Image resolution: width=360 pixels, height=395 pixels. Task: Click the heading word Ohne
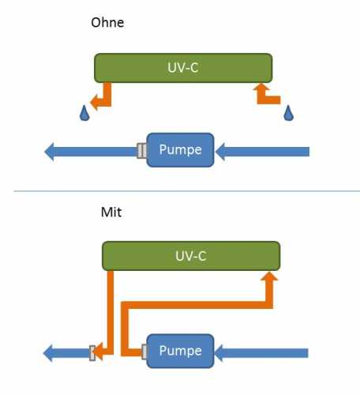coord(107,22)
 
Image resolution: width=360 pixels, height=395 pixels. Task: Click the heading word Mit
coord(111,212)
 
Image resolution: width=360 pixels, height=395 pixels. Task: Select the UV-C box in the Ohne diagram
coord(183,68)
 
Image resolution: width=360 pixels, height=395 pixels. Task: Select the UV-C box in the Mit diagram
coord(191,256)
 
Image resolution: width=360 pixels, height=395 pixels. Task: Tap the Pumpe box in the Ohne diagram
coord(180,150)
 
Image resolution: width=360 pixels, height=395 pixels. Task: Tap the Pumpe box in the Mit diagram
coord(180,351)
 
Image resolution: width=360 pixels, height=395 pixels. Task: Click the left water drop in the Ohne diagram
coord(84,113)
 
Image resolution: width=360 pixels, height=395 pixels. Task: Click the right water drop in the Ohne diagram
coord(288,113)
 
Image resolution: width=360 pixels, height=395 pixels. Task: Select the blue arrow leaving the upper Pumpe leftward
coord(91,152)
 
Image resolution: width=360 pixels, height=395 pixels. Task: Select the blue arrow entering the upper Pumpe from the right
coord(262,152)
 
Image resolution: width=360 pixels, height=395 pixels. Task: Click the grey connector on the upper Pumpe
coord(142,151)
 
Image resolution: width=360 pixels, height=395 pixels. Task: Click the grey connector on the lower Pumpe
coord(144,352)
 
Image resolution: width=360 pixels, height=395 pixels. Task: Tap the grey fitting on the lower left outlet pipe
coord(92,353)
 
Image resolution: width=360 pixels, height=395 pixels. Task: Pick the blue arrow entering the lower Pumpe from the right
coord(261,353)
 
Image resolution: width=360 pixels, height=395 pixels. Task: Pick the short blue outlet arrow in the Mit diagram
coord(66,353)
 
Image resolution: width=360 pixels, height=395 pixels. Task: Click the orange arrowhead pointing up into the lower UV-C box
coord(269,276)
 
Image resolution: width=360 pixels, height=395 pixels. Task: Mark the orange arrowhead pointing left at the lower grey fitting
coord(99,352)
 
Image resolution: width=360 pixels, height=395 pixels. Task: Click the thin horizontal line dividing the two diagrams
coord(187,191)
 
